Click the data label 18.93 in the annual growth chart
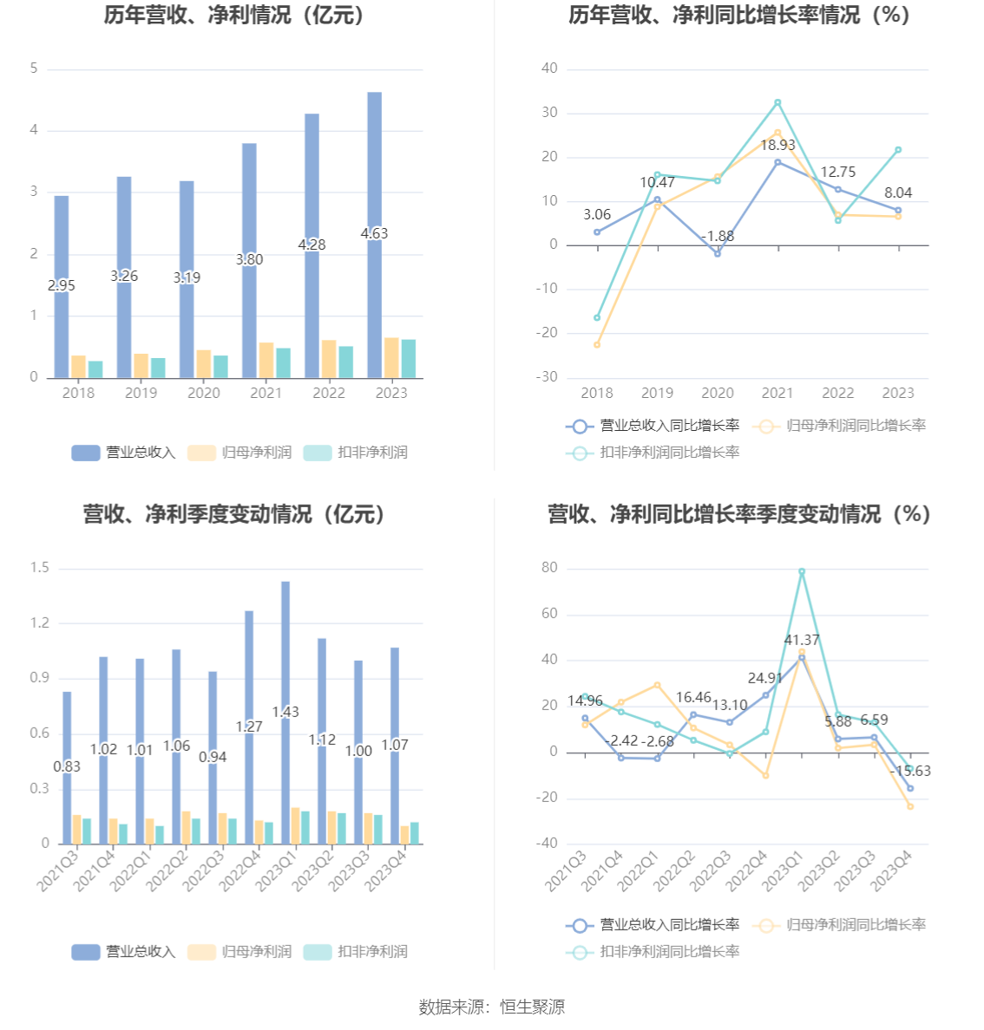point(777,146)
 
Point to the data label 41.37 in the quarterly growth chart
point(802,640)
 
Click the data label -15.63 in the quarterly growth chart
point(910,771)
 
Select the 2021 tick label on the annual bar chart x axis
point(266,393)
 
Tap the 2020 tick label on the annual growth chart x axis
point(718,393)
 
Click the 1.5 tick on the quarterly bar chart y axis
point(40,568)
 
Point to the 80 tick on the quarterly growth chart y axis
point(549,568)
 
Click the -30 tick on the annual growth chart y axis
point(547,377)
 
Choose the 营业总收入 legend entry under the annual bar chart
point(123,453)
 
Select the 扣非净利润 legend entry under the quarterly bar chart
point(356,952)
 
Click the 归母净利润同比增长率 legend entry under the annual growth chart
point(840,426)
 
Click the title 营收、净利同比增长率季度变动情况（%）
point(738,514)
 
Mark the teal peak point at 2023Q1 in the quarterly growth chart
point(802,571)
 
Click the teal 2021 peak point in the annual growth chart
point(777,102)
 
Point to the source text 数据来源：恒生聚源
point(492,1007)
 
